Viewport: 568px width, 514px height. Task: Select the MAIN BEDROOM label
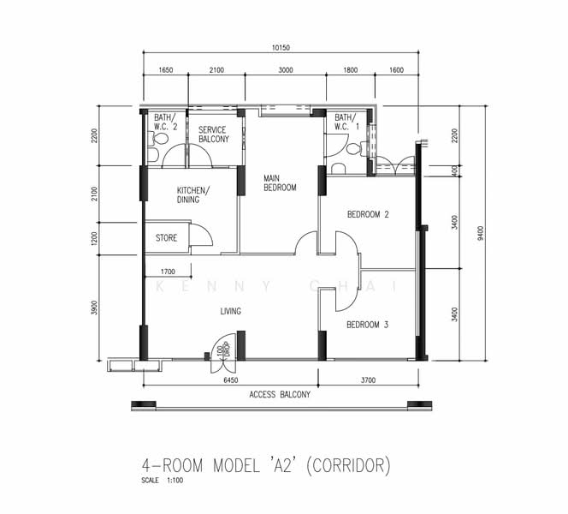pyautogui.click(x=280, y=182)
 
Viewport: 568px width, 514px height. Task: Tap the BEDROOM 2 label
pyautogui.click(x=368, y=215)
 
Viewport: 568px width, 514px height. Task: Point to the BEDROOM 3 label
pyautogui.click(x=368, y=325)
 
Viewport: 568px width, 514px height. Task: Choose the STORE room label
pyautogui.click(x=166, y=237)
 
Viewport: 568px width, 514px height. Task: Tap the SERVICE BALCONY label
pyautogui.click(x=214, y=134)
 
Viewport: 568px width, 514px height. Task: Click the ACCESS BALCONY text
pyautogui.click(x=280, y=395)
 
